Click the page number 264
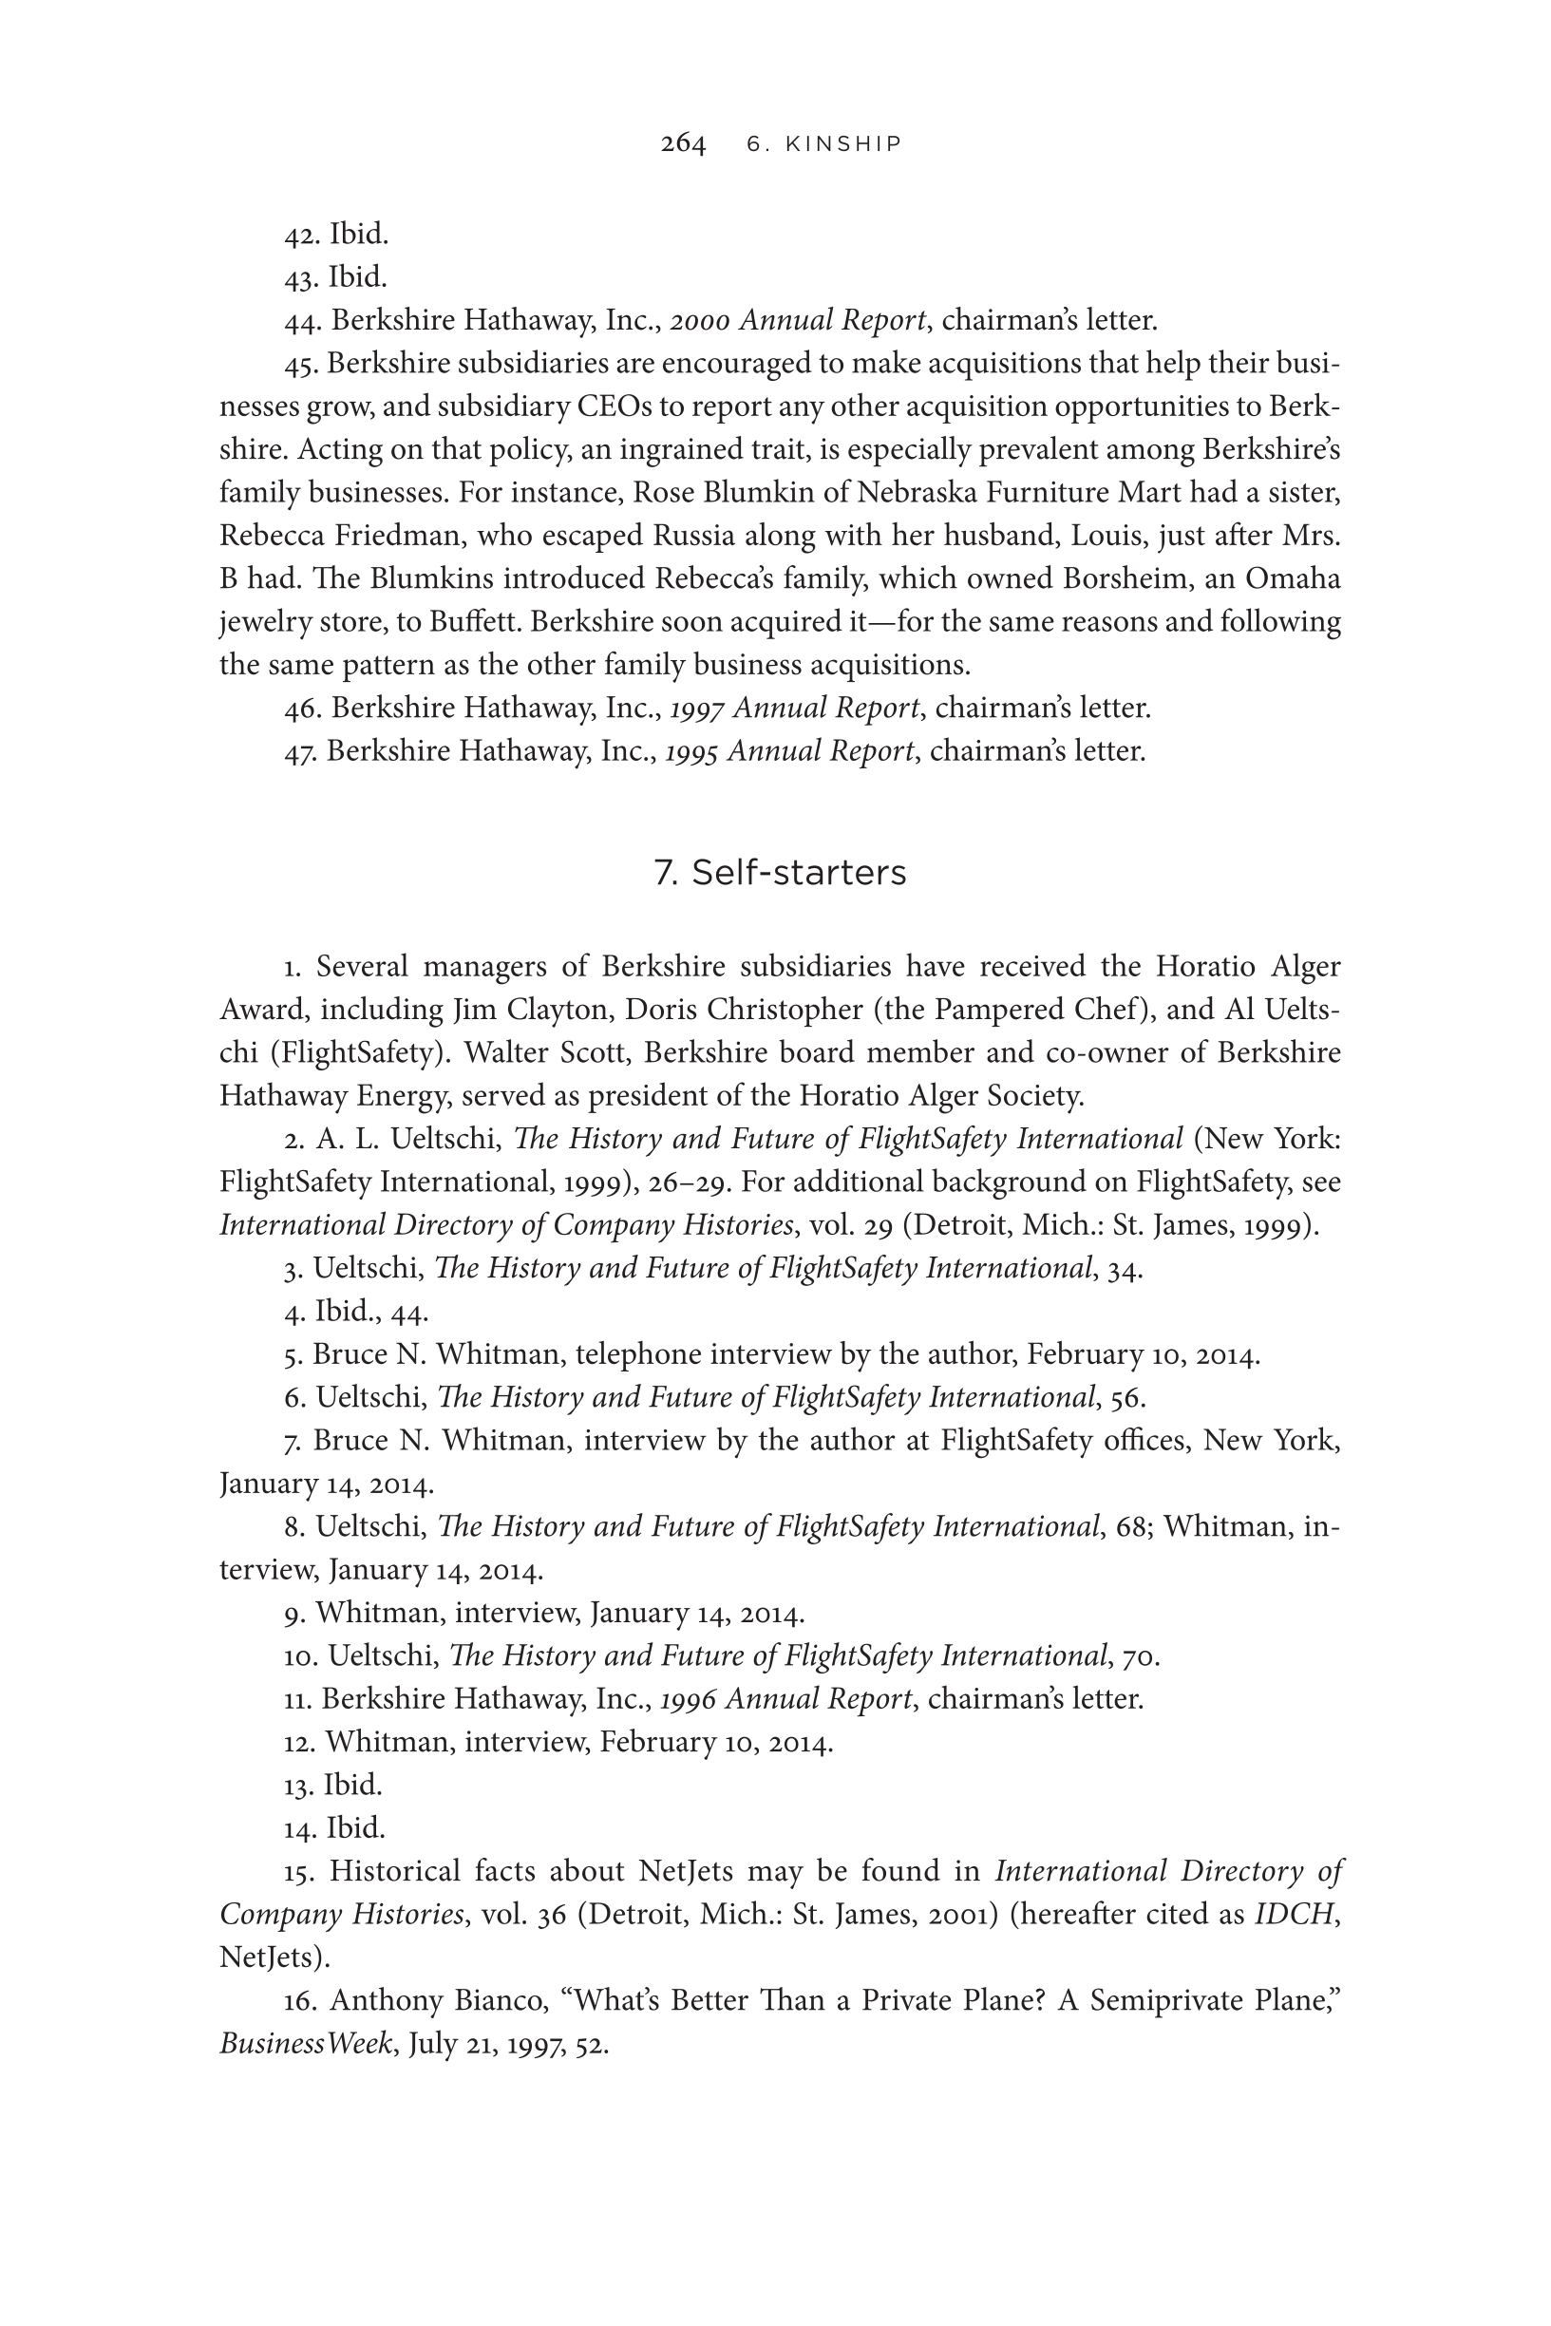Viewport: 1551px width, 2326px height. tap(683, 144)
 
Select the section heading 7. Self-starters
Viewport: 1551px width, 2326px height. tap(780, 873)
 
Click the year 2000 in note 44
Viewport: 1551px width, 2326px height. tap(699, 320)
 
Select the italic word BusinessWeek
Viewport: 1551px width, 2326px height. tap(306, 2044)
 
